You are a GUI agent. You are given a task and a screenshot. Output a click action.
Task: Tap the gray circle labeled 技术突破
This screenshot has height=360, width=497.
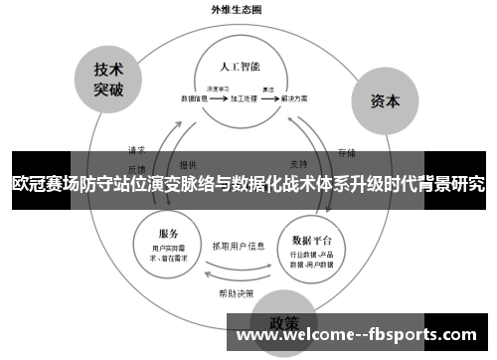click(x=108, y=78)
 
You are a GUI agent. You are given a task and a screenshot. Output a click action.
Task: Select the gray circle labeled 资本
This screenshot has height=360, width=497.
click(x=385, y=100)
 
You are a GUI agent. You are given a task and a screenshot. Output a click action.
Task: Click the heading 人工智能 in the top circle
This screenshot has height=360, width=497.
click(x=240, y=66)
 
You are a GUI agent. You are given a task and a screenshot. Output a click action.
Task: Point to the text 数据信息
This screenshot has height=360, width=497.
click(x=195, y=99)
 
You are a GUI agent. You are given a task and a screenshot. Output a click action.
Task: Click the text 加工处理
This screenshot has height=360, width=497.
click(x=244, y=99)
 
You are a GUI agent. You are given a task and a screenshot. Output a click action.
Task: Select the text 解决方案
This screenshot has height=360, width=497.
click(x=293, y=99)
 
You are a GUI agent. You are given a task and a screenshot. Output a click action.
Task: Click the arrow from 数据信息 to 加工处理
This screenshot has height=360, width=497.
click(x=219, y=99)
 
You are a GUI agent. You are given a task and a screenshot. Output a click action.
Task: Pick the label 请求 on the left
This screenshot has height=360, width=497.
click(x=136, y=150)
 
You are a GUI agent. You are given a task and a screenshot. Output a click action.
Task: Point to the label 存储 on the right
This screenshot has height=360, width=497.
click(x=346, y=152)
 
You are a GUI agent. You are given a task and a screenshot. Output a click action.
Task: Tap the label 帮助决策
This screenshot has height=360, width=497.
click(x=237, y=292)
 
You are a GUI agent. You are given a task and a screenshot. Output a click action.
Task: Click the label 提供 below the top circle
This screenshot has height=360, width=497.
click(x=188, y=163)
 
